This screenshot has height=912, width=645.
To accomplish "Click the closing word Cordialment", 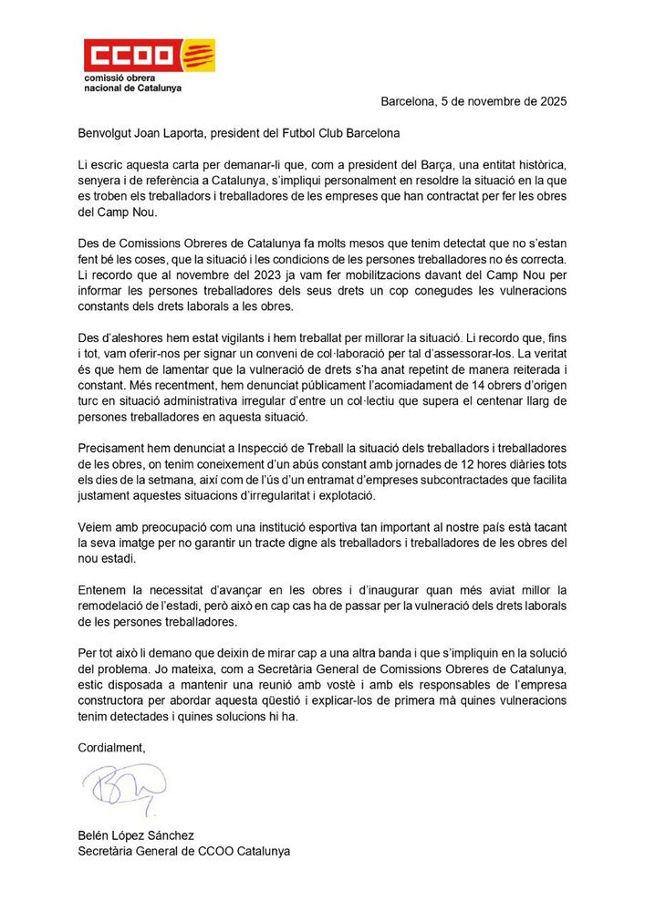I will (x=111, y=747).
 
